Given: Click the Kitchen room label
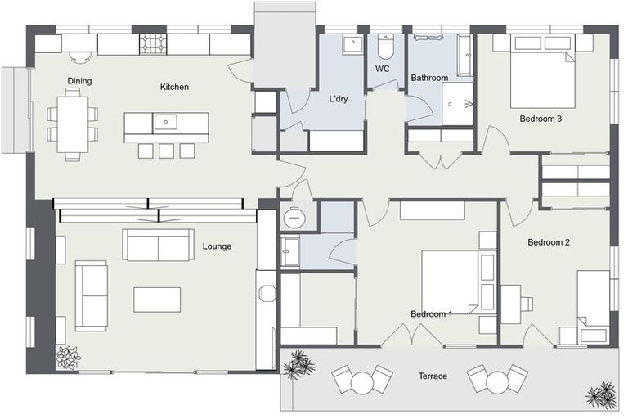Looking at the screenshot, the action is [174, 87].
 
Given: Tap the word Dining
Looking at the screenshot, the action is [79, 81].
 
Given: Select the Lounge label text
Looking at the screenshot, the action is [217, 246].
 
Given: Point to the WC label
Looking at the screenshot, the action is [382, 69].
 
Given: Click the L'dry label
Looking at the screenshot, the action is [338, 99].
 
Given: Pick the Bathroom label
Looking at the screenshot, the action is [429, 78].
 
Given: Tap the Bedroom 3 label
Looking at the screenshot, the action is [541, 119].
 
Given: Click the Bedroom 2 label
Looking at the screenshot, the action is [549, 242].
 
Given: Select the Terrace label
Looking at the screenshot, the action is [433, 376].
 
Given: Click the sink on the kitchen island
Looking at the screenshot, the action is [165, 122].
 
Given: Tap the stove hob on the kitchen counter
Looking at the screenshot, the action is [152, 44].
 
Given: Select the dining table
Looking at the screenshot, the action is [73, 124].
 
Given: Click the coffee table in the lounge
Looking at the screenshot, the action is [157, 300].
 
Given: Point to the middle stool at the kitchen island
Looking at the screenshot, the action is [166, 151].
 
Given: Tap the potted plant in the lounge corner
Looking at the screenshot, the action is [68, 358].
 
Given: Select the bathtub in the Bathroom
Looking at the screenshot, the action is [465, 56].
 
